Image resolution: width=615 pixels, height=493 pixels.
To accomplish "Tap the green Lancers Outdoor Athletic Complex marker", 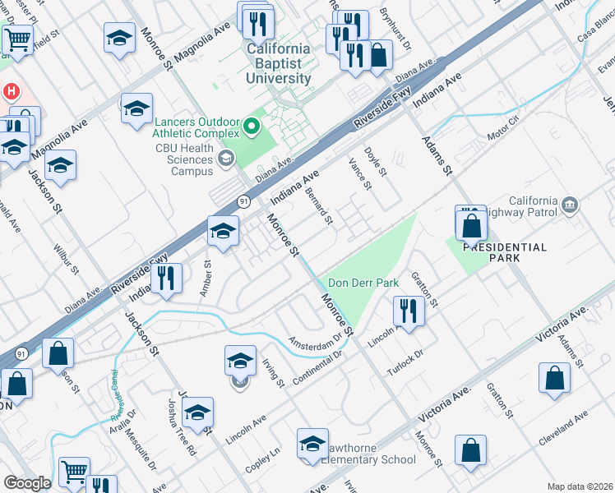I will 252,127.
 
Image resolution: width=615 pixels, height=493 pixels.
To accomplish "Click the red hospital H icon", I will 12,90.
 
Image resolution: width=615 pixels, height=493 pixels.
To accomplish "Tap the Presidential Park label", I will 504,252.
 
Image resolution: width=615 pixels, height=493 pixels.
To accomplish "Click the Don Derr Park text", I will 363,283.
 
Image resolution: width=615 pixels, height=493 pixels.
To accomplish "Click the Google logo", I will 27,482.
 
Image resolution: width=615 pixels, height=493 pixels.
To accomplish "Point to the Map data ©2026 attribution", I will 580,486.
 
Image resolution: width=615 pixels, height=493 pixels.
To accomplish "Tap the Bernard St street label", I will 319,205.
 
